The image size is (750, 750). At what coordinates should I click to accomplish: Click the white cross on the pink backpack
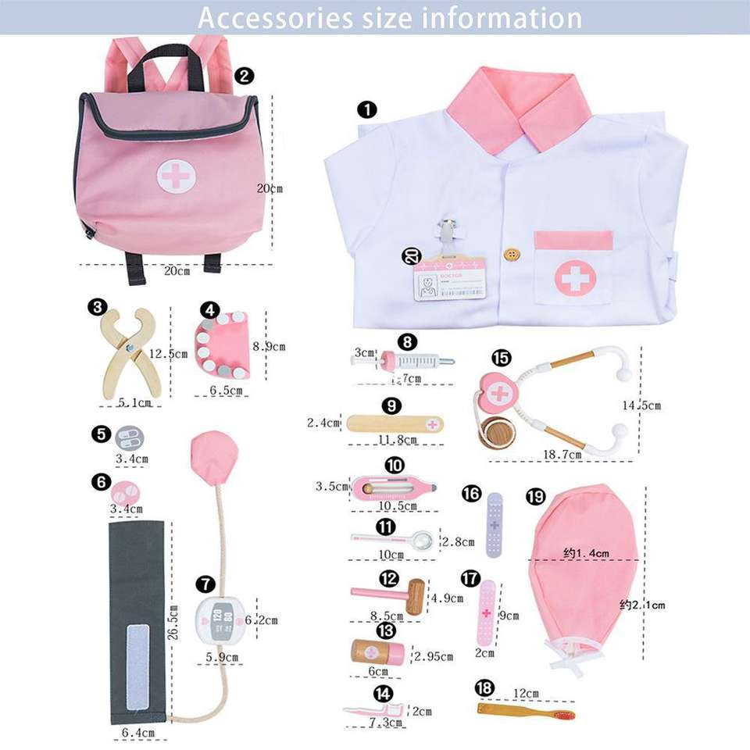177,175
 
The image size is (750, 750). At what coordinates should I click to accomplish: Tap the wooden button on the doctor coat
512,255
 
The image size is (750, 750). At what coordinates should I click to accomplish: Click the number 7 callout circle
205,584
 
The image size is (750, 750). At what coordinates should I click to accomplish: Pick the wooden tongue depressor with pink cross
395,423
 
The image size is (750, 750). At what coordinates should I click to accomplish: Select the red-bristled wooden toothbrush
526,712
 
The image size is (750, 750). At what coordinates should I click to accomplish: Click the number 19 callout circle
536,497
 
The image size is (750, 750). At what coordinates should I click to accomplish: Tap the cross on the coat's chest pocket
575,277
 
